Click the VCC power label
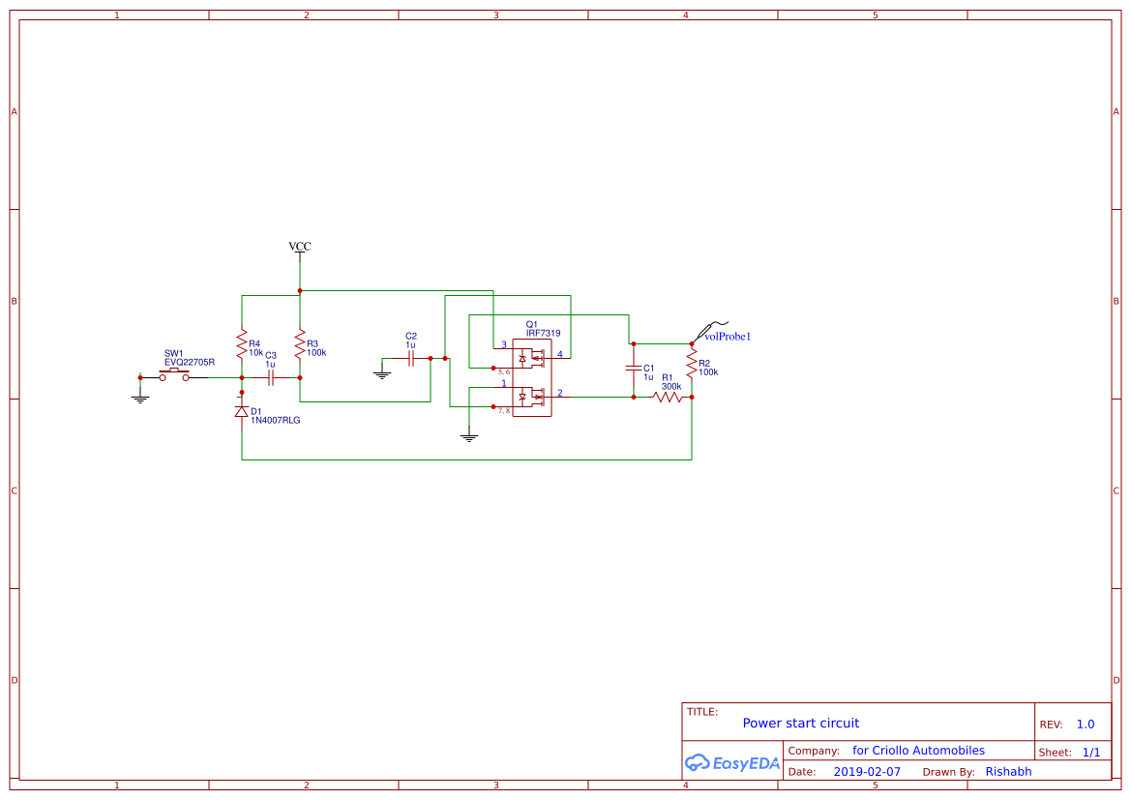300,247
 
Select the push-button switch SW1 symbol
174,375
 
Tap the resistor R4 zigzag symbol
242,344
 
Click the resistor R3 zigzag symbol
300,344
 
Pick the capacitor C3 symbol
271,377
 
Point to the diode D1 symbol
242,411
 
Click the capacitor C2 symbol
411,358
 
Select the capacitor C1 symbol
634,369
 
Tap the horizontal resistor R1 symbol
668,397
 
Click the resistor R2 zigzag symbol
692,364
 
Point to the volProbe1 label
728,337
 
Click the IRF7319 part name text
543,334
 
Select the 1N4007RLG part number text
275,421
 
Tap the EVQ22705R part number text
190,362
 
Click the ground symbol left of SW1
140,397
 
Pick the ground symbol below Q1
469,438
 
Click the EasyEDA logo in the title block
731,762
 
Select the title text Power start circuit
800,724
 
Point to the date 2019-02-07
867,772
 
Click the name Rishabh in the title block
1008,772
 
